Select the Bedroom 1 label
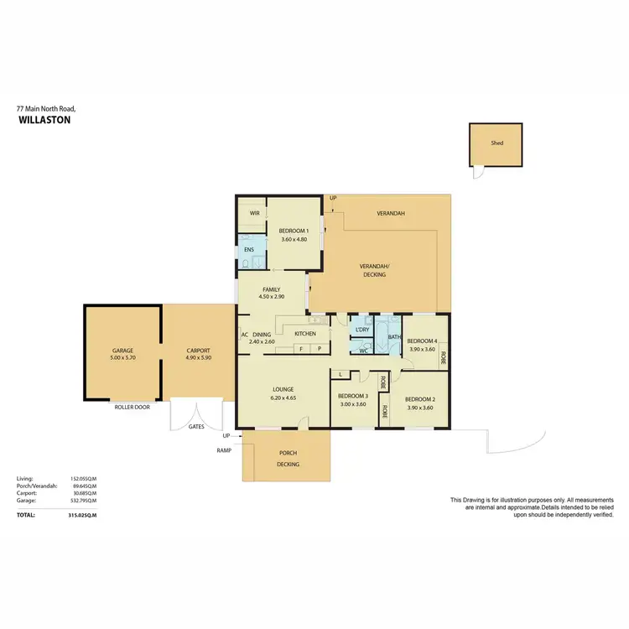(x=294, y=231)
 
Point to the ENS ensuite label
(x=248, y=250)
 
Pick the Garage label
(x=122, y=351)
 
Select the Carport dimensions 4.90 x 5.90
(x=199, y=358)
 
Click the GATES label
(x=196, y=426)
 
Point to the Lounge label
(x=282, y=388)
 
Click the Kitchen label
(x=304, y=334)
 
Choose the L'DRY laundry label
(x=362, y=330)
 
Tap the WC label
(x=363, y=351)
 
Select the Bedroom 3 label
(x=354, y=396)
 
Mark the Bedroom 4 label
(x=422, y=340)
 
